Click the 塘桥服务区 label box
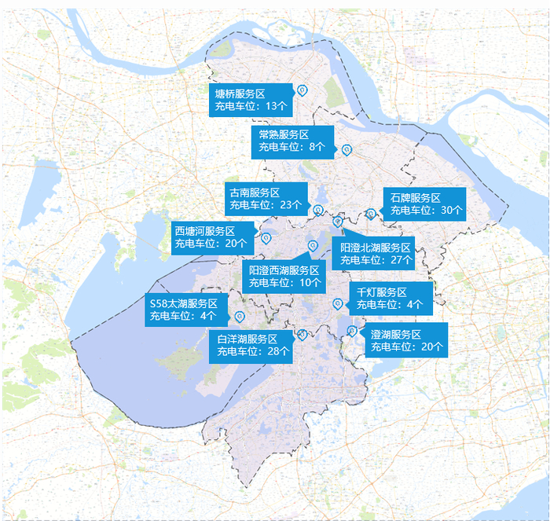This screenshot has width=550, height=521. click(251, 99)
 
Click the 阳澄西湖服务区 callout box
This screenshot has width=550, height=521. click(284, 276)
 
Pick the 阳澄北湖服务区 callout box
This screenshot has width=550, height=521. click(376, 253)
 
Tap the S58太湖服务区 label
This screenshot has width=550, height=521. click(185, 310)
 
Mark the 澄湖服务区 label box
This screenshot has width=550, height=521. click(406, 339)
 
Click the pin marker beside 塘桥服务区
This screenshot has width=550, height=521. click(302, 90)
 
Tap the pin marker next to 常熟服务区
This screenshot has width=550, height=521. click(345, 149)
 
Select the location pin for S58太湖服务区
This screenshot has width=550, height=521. click(240, 316)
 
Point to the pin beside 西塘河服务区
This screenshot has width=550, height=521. click(266, 237)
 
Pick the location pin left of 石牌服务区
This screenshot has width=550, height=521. click(370, 213)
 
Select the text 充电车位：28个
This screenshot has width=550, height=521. click(254, 351)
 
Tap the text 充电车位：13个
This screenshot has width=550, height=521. click(251, 105)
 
